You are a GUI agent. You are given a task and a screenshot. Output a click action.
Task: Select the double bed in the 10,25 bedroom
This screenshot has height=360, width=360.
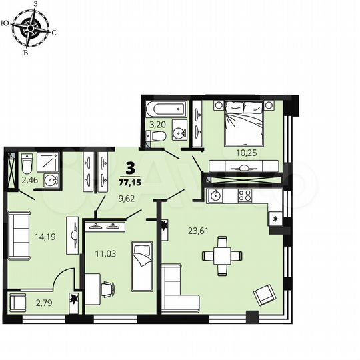[243, 123]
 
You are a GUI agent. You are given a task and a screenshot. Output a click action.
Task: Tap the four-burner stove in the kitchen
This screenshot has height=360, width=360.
[244, 196]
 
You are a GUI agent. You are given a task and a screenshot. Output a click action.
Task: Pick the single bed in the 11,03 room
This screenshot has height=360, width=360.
[143, 267]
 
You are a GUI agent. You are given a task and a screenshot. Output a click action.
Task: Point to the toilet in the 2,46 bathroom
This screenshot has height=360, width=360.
[27, 163]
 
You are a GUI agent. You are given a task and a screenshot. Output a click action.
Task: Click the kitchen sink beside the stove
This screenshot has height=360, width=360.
[216, 196]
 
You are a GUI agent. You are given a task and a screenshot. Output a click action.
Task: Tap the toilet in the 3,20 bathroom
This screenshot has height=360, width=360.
[155, 137]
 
